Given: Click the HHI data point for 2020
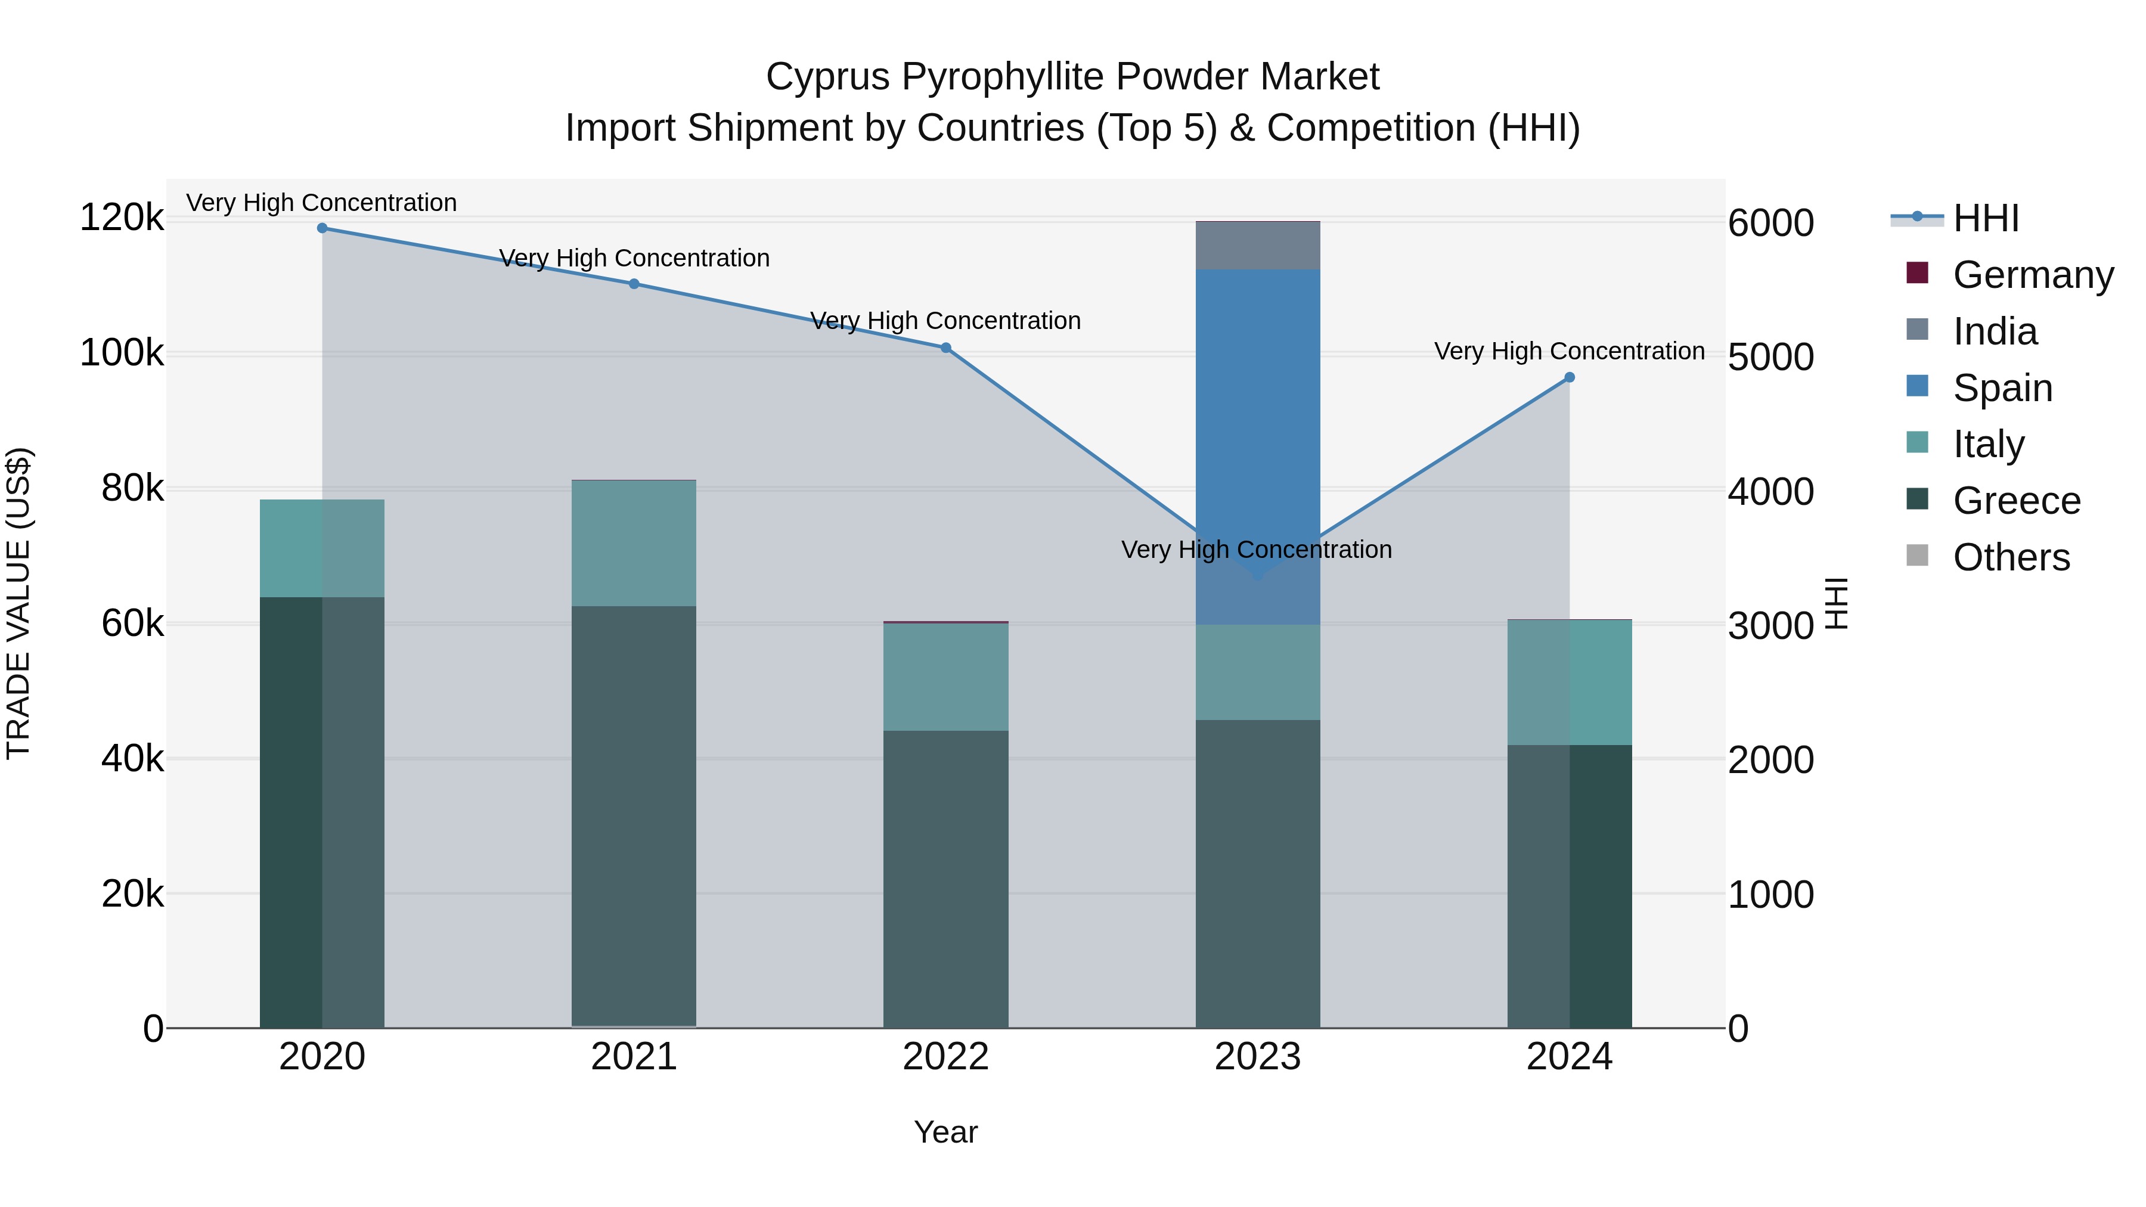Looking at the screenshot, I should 322,228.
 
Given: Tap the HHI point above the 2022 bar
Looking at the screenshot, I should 945,348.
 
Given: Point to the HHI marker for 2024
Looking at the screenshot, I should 1570,377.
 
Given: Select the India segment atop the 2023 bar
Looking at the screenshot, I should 1258,246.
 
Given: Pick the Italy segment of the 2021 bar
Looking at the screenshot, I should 634,543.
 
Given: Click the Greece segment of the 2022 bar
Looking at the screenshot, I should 945,879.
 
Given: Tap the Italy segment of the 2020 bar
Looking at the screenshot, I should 322,548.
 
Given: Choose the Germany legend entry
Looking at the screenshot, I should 2033,275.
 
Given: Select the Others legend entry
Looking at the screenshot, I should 2011,557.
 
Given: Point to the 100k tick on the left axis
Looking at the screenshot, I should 122,353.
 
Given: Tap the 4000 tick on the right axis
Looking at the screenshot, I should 1771,492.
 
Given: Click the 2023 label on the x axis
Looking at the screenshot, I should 1258,1057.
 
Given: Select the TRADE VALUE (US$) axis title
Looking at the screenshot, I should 19,603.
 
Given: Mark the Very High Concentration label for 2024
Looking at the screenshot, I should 1570,352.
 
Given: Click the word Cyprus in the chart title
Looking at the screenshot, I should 828,77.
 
